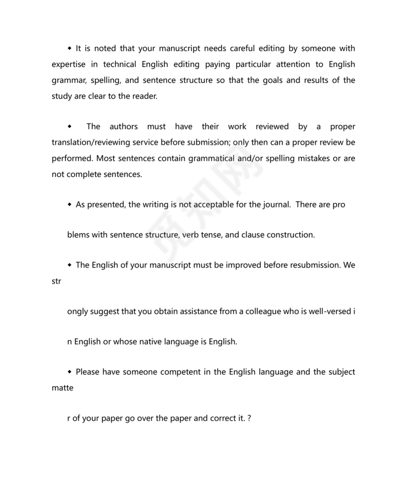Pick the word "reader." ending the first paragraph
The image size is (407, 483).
point(145,97)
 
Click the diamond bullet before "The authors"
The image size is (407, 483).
point(70,127)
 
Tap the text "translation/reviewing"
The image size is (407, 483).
point(91,143)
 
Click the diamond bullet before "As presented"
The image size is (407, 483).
point(70,205)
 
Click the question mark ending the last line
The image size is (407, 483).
point(250,419)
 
